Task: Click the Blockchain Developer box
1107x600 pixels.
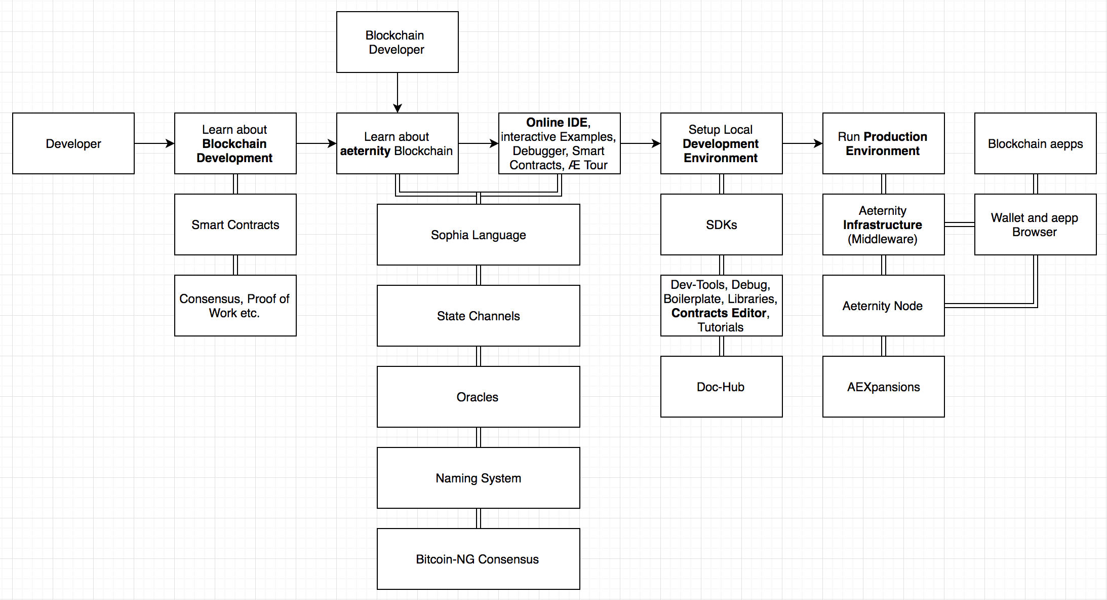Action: tap(398, 42)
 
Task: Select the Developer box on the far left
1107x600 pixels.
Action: tap(73, 143)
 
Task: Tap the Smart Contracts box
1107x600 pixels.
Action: tap(235, 224)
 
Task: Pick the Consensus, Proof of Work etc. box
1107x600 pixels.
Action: tap(235, 306)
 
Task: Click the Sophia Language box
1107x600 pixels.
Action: tap(479, 235)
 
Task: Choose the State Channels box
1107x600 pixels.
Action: tap(479, 316)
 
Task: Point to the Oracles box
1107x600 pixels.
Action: tap(479, 397)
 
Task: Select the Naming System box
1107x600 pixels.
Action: tap(479, 478)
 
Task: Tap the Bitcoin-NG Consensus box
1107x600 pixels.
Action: tap(479, 559)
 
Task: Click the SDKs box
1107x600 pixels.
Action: tap(722, 224)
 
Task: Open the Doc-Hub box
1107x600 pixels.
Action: tap(722, 387)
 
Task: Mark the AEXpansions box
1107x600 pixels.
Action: tap(884, 387)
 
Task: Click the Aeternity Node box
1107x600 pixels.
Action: tap(884, 306)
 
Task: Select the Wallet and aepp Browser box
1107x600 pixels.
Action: tap(1036, 224)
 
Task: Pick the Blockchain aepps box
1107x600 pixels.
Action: tap(1036, 143)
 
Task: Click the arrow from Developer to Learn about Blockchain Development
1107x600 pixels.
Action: tap(154, 143)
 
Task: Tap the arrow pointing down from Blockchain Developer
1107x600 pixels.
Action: tap(398, 93)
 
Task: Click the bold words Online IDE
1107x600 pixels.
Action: tap(557, 123)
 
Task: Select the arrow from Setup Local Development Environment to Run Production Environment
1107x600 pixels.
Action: tap(803, 143)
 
